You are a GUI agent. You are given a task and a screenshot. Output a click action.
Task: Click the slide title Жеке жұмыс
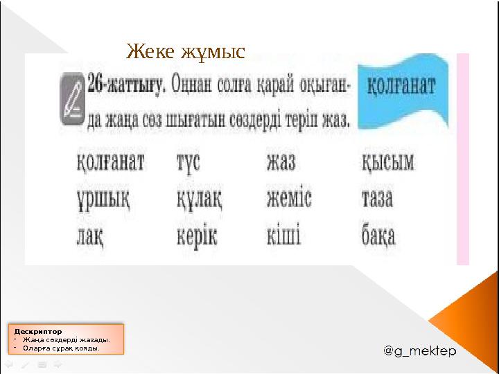tap(186, 51)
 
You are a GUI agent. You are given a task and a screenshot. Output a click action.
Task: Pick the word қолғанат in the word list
tap(110, 163)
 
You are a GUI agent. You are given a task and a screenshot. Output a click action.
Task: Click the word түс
tap(188, 163)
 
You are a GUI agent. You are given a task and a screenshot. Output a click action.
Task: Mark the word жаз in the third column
tap(281, 163)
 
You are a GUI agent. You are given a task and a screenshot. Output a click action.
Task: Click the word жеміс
tap(290, 201)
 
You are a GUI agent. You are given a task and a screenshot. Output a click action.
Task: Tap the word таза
tap(377, 201)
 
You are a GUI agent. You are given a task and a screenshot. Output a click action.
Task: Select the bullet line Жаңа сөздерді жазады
tap(66, 339)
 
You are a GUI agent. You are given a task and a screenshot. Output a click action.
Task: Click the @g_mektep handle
tap(420, 351)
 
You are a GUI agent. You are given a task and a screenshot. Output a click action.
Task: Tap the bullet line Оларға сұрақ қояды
tap(61, 348)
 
